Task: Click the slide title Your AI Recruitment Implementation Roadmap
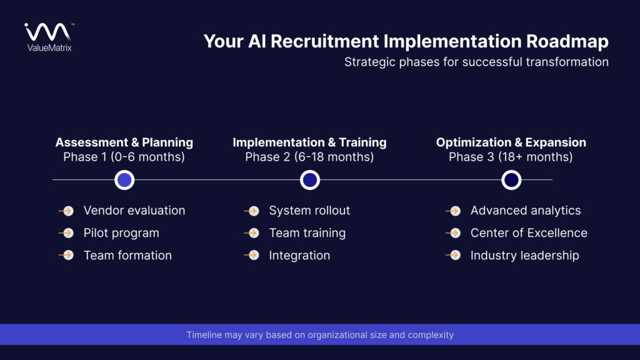[406, 42]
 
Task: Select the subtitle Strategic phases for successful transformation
[476, 62]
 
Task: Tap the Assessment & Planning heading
[124, 142]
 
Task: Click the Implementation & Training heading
[309, 142]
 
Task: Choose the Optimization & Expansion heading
[511, 142]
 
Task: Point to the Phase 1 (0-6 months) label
[124, 157]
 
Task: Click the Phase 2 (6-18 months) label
[309, 157]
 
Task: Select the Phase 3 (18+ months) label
[511, 157]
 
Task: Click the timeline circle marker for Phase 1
[124, 180]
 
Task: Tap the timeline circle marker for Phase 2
[309, 180]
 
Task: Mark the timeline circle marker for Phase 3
[511, 180]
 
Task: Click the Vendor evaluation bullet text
[134, 211]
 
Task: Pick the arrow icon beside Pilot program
[67, 233]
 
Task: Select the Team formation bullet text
[127, 255]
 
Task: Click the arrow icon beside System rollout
[252, 211]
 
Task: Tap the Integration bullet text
[299, 255]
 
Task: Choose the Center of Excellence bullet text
[529, 233]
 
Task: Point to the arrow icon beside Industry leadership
[454, 256]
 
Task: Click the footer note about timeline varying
[320, 335]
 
